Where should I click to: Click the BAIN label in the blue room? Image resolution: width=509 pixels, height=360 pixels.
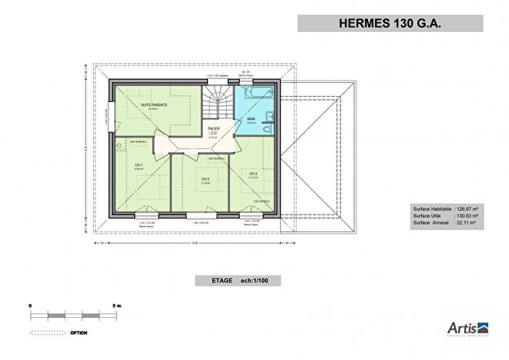point(251,119)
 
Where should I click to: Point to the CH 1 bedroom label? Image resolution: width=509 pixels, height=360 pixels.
point(138,165)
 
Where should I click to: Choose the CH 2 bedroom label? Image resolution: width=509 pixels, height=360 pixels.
point(205,179)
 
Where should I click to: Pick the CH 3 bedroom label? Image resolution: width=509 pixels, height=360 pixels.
point(253,174)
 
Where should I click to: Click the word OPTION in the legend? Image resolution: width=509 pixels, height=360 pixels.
point(79,333)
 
